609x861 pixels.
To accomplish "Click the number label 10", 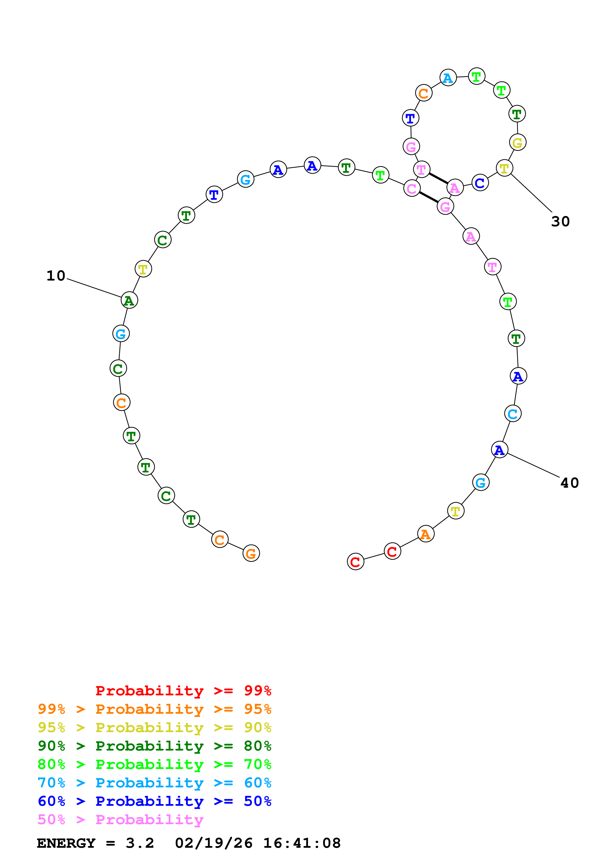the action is point(56,276).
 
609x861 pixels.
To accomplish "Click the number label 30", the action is point(560,222).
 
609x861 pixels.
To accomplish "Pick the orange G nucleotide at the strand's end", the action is point(251,553).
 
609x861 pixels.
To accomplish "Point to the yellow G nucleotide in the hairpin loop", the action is point(517,143).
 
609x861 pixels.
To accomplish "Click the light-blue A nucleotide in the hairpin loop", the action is point(448,78).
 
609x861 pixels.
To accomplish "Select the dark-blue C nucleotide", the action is point(480,183).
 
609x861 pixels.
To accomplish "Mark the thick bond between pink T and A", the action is point(438,178).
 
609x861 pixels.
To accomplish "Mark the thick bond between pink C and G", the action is point(428,197).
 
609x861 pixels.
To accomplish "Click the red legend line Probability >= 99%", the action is point(183,691).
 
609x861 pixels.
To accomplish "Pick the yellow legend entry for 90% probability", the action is point(154,727).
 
